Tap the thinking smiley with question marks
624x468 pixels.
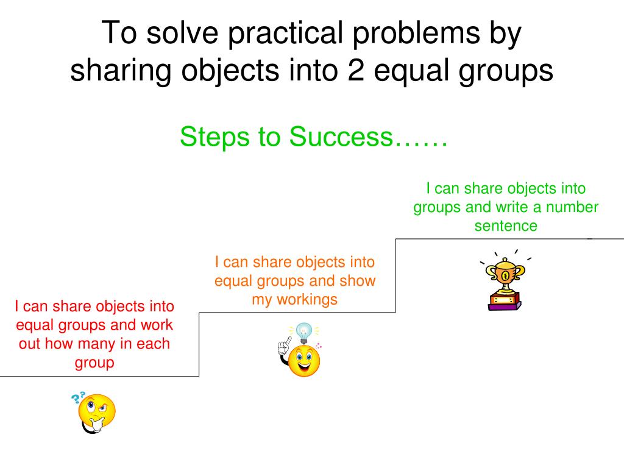tap(96, 413)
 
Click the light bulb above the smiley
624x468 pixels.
tap(303, 332)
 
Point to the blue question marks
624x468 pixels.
tap(78, 398)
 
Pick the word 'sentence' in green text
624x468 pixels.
tap(506, 226)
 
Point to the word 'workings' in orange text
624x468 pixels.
tap(307, 300)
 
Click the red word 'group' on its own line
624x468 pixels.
tap(94, 363)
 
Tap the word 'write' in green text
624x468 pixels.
tap(512, 207)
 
